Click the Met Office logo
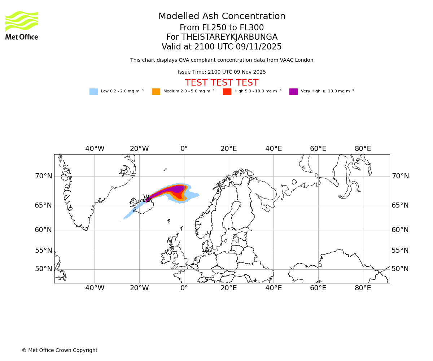point(22,25)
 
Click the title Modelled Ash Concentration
point(222,17)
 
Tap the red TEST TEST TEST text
point(222,83)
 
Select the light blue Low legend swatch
point(93,92)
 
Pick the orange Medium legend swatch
point(156,92)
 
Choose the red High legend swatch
point(227,92)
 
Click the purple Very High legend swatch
point(293,92)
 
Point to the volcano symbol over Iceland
point(146,198)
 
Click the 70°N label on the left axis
point(43,176)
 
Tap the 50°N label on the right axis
point(400,269)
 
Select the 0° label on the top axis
point(184,149)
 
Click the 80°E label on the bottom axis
point(363,288)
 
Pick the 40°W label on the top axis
point(95,149)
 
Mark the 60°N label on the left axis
point(43,230)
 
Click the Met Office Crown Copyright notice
point(60,350)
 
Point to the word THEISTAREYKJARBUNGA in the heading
point(229,37)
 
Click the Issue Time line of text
point(222,72)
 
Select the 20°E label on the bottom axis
point(229,288)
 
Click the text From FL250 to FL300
point(222,28)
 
